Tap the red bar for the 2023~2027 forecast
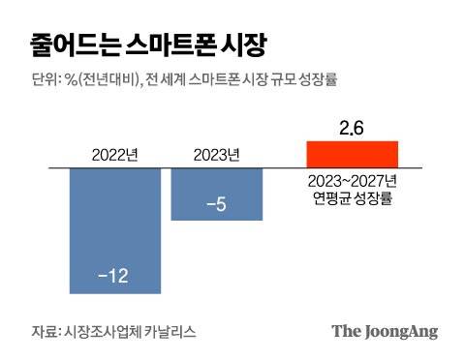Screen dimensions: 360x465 pos(352,155)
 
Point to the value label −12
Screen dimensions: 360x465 pos(113,278)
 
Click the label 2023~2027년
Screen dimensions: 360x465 pos(352,181)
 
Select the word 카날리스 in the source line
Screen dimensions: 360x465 pos(170,331)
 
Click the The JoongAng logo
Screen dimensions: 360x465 pos(385,331)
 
